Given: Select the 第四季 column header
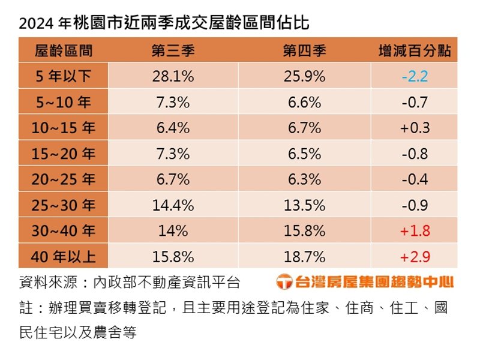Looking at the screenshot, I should click(304, 51).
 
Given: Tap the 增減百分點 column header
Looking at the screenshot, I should click(415, 51).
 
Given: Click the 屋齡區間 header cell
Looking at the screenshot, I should click(64, 51).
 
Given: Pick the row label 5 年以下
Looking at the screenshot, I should click(64, 76).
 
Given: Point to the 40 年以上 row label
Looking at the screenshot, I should click(64, 256).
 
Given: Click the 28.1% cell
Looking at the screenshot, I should click(173, 76).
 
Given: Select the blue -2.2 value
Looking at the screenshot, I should click(415, 76).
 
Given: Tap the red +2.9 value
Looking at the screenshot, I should click(415, 256).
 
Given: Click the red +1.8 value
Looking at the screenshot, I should click(415, 231).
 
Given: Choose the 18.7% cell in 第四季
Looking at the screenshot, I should click(304, 256).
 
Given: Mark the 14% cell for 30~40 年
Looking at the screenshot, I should click(173, 231).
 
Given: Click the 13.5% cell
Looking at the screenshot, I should click(304, 205).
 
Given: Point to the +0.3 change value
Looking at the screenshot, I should click(415, 128).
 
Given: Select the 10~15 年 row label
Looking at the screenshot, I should click(64, 128).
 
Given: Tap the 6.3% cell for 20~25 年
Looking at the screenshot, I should click(304, 179).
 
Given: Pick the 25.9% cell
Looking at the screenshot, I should click(304, 76).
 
